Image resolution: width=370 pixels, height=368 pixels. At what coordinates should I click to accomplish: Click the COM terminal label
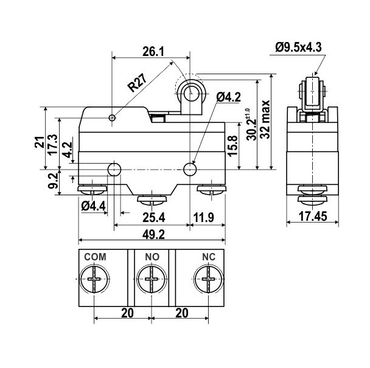point(94,257)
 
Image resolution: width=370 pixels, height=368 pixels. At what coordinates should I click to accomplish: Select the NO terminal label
point(153,257)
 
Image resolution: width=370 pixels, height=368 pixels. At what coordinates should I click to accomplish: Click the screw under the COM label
point(94,283)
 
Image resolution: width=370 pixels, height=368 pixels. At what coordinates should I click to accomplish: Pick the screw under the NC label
point(209,283)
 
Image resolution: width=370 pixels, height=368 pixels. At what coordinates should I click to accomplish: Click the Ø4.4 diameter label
point(93,206)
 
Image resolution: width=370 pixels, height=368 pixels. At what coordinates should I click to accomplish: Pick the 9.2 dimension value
point(53,181)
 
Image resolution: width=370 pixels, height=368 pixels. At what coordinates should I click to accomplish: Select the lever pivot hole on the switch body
point(111,117)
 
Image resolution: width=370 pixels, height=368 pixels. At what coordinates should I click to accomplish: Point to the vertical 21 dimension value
point(39,144)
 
